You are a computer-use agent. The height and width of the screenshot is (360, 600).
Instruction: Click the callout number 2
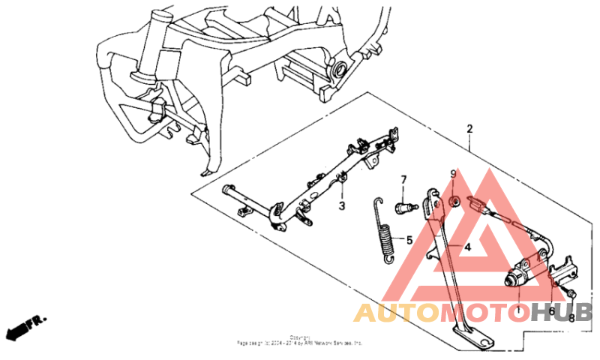469,129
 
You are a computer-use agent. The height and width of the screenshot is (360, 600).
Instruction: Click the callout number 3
341,205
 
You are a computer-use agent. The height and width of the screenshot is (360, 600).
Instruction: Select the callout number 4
466,247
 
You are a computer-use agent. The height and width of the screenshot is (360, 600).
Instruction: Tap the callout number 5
409,241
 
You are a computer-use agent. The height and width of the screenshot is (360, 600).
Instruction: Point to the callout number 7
403,180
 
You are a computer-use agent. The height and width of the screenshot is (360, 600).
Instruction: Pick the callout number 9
453,175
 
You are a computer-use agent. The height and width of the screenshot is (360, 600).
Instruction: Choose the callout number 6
551,310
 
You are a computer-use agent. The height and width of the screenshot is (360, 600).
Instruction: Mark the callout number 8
571,317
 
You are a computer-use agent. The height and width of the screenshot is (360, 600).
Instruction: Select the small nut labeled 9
454,201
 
